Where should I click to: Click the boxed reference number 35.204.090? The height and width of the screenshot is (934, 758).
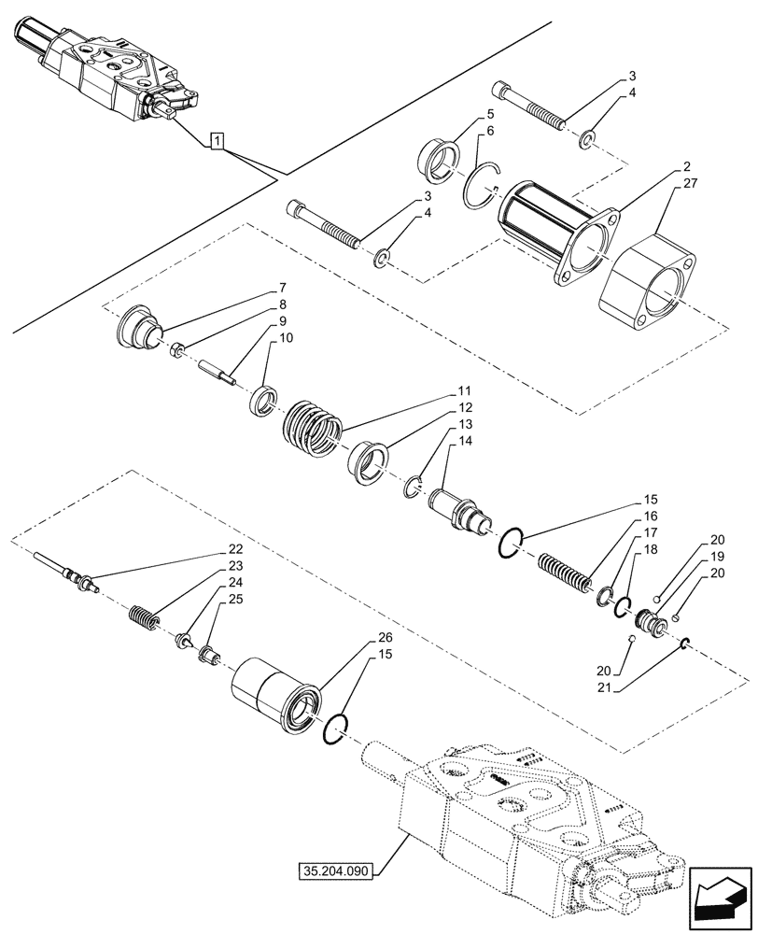click(x=336, y=871)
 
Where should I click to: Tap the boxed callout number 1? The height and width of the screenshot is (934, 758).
click(x=216, y=142)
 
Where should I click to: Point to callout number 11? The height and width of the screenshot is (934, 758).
click(x=463, y=390)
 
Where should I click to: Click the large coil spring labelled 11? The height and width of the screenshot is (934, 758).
click(x=312, y=427)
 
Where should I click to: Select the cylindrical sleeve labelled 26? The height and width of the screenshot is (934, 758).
click(x=277, y=693)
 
